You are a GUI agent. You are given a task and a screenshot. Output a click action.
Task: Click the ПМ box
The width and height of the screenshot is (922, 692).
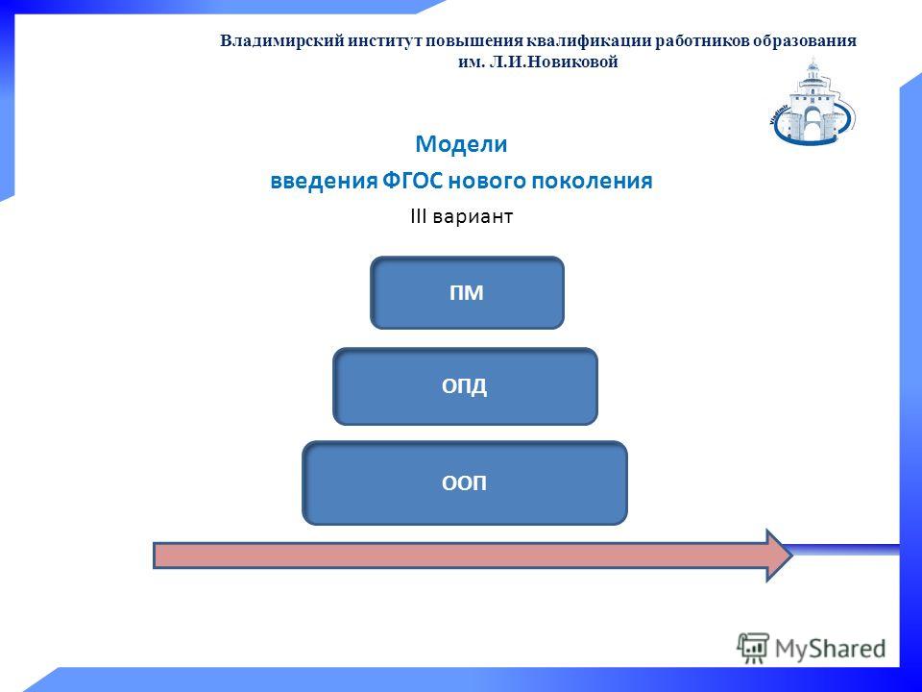(x=467, y=292)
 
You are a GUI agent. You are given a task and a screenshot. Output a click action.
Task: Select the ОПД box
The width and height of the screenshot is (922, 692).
(x=465, y=386)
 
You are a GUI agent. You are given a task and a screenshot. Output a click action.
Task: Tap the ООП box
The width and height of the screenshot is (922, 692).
(x=465, y=483)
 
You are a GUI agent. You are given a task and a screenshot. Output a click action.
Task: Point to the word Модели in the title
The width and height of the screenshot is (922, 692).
(x=461, y=144)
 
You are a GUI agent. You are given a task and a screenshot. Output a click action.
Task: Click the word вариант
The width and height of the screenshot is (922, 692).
(x=473, y=217)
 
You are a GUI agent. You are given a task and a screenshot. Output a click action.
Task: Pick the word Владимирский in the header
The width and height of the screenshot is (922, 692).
(x=281, y=41)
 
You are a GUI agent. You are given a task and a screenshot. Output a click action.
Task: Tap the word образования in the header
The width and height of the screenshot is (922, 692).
(x=805, y=41)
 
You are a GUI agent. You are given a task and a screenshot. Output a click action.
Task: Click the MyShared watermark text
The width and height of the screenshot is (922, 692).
(x=830, y=649)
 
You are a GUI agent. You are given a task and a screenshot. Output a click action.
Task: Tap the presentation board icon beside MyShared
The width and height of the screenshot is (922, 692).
(x=753, y=648)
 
